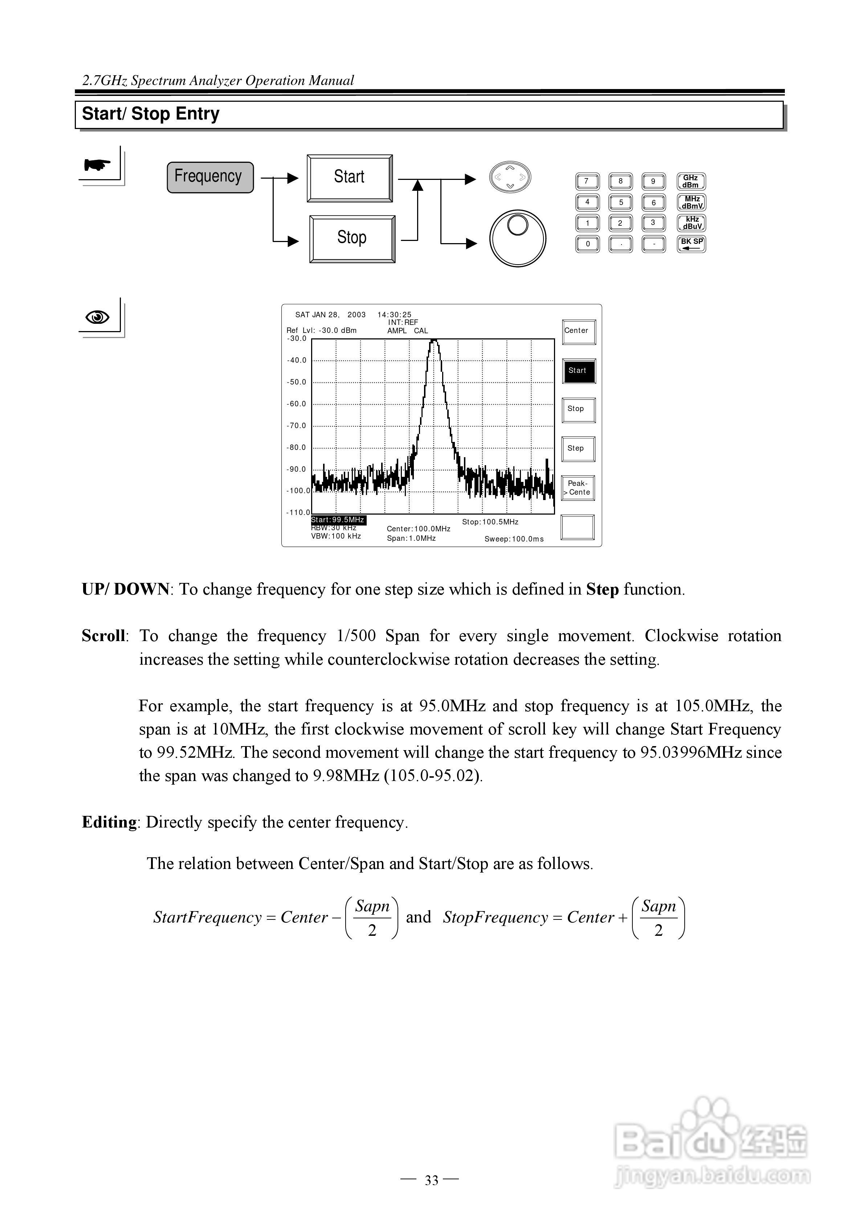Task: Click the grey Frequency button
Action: click(x=210, y=177)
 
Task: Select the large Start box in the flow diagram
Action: click(x=350, y=178)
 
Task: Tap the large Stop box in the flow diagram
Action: click(x=352, y=238)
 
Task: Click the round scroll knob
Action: click(x=517, y=238)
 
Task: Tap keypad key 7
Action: click(x=587, y=181)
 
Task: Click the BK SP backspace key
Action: click(x=691, y=243)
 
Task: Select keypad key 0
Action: click(x=587, y=244)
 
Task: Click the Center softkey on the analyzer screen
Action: click(x=578, y=331)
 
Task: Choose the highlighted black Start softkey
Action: click(x=578, y=371)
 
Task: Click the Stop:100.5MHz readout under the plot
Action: click(x=489, y=522)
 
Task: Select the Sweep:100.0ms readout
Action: click(x=514, y=539)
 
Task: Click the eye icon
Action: click(x=98, y=318)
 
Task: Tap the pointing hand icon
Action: click(x=98, y=165)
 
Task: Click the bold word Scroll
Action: click(x=103, y=636)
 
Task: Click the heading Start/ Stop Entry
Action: click(x=151, y=114)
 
